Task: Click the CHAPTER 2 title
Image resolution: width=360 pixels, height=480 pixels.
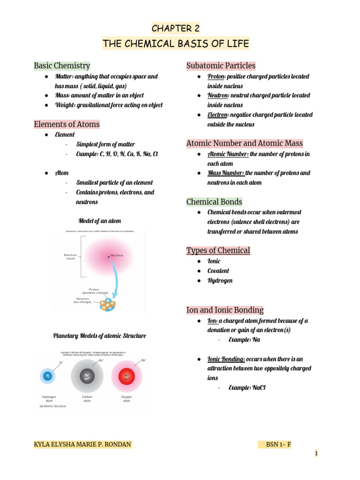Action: click(x=176, y=29)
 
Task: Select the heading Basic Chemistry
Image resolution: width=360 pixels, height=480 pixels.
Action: click(x=62, y=66)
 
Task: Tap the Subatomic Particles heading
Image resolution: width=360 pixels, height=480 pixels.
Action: click(x=221, y=66)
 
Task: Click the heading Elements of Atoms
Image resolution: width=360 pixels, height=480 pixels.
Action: click(x=67, y=124)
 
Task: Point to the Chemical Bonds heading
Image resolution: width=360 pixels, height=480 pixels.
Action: click(x=214, y=202)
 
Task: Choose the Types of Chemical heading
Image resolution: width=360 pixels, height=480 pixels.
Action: click(x=218, y=250)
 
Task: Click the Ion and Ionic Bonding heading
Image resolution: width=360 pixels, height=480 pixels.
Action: click(x=225, y=310)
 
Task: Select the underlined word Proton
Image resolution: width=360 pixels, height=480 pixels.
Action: click(x=216, y=76)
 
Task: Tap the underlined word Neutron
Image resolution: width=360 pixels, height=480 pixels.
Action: click(x=218, y=96)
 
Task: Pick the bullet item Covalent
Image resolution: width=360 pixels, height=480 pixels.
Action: click(x=218, y=271)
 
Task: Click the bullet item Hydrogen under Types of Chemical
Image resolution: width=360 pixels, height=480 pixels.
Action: click(x=220, y=281)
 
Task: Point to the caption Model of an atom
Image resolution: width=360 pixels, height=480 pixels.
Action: click(x=99, y=221)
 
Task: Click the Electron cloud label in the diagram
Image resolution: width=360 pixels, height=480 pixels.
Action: click(x=70, y=257)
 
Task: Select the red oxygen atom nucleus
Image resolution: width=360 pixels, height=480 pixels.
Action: click(x=127, y=376)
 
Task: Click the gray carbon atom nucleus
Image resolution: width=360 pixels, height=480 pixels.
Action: click(x=87, y=376)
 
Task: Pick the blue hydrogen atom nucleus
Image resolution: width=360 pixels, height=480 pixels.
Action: click(x=47, y=375)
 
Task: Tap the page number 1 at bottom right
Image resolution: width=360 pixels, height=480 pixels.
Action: click(x=316, y=453)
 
